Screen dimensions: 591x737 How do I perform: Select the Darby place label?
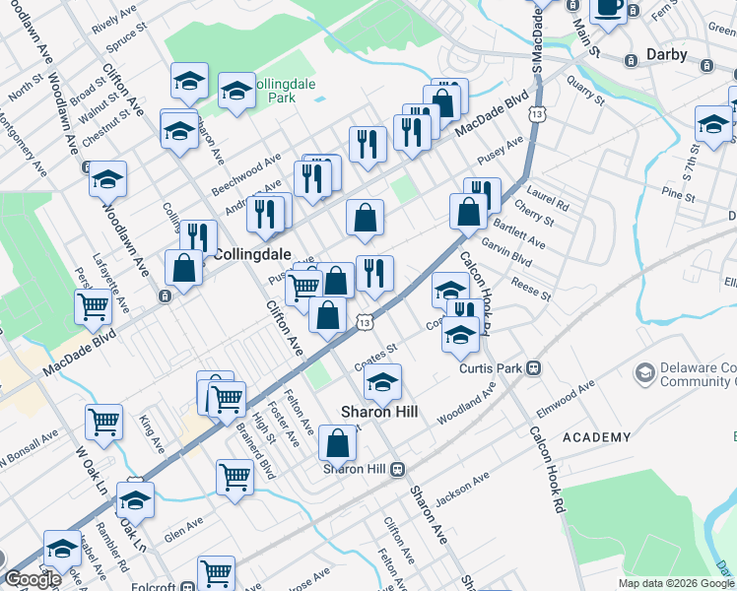click(666, 54)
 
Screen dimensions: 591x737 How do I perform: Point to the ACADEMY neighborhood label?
click(597, 437)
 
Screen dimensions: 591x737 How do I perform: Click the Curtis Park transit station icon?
click(533, 368)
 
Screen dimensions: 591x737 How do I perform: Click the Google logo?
click(32, 580)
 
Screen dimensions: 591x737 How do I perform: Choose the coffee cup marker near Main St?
click(608, 8)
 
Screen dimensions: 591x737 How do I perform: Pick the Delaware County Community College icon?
click(645, 372)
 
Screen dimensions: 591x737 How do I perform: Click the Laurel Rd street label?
click(548, 204)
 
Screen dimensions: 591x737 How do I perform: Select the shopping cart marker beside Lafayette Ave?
click(93, 306)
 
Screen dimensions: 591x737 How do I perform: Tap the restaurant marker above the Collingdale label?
click(198, 236)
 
